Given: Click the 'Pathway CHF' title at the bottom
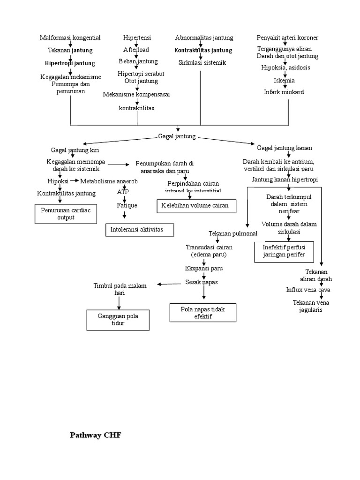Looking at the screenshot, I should point(95,435).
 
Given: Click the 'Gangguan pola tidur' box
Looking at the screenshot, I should point(118,320).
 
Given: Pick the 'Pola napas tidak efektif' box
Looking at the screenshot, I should point(203,313).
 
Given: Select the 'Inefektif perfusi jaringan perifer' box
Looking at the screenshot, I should point(284,251).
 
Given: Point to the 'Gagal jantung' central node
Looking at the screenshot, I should point(177,136).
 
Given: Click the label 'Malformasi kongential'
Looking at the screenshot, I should point(70,37).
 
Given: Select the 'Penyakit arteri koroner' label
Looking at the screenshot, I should point(287,37).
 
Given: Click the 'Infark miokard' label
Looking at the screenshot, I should point(284,92).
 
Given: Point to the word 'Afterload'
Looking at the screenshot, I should point(136,50).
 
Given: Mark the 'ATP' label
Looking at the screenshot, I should point(123,192).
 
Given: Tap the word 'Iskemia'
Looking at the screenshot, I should point(284,80).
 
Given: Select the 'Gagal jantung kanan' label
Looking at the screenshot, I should point(285,148).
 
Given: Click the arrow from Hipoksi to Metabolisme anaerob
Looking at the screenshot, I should point(75,180).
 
